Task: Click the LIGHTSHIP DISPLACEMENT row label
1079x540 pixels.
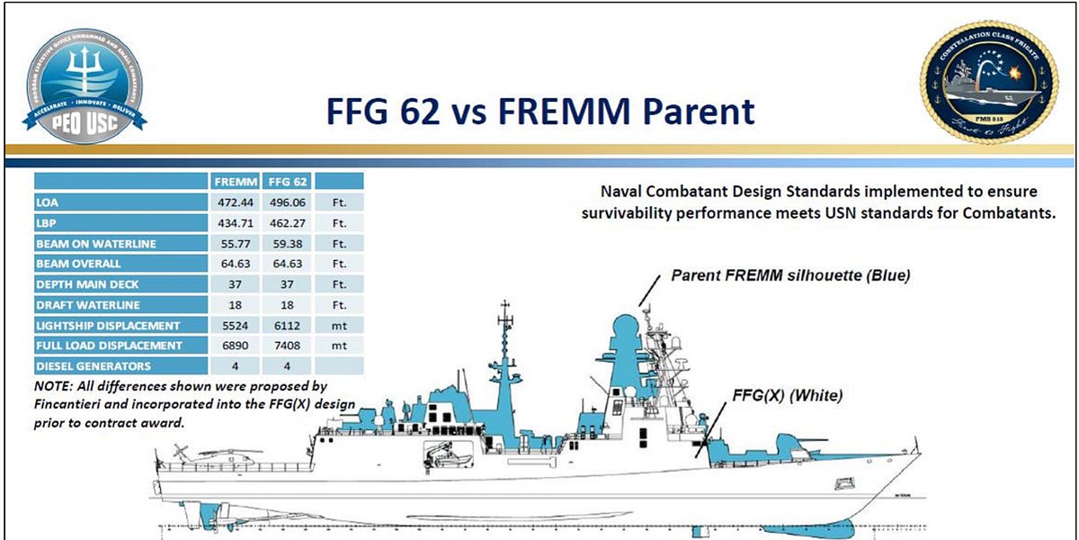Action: click(108, 325)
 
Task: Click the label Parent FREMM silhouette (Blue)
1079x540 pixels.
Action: click(790, 275)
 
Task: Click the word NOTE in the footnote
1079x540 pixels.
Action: click(51, 386)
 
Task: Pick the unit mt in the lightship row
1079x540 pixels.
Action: click(339, 325)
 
